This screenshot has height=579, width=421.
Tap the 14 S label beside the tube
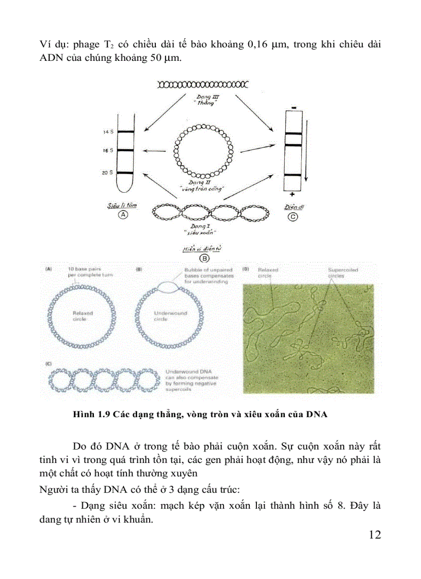(x=107, y=133)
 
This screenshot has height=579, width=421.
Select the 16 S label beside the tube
(x=107, y=151)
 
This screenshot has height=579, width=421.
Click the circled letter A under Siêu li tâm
(x=123, y=216)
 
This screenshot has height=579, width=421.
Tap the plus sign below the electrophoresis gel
(x=292, y=194)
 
